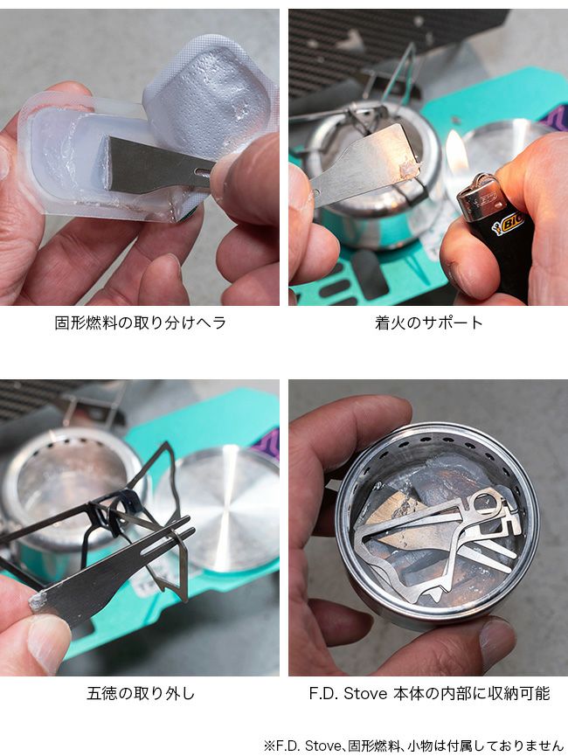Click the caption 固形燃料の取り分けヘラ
140,323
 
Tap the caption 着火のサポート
429,323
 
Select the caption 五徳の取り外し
141,693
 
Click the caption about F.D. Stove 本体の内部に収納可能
429,693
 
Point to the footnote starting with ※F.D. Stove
413,745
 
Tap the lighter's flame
454,150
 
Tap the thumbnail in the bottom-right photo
496,639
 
